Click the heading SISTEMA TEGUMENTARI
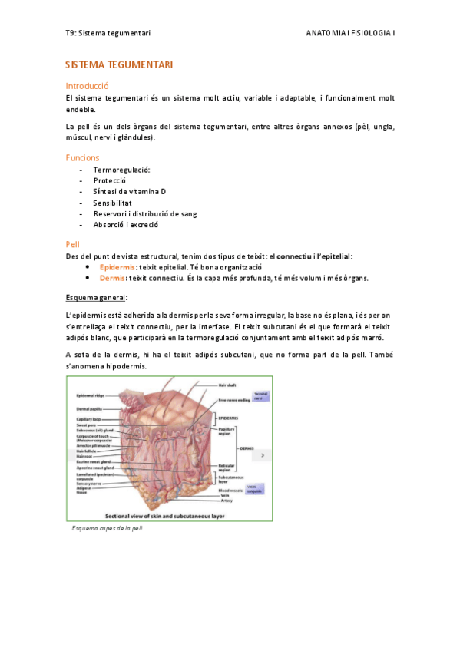click(x=119, y=66)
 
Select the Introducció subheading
click(x=88, y=86)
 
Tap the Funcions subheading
click(x=82, y=157)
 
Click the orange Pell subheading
click(x=73, y=243)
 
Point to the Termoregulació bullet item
click(x=121, y=170)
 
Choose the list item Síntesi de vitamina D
click(x=129, y=191)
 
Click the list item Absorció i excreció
click(x=125, y=225)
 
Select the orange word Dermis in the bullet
click(x=112, y=278)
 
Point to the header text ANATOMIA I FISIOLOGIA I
click(x=350, y=34)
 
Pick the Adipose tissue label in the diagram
click(x=82, y=489)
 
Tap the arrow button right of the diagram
click(x=263, y=455)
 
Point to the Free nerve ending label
click(x=233, y=400)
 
